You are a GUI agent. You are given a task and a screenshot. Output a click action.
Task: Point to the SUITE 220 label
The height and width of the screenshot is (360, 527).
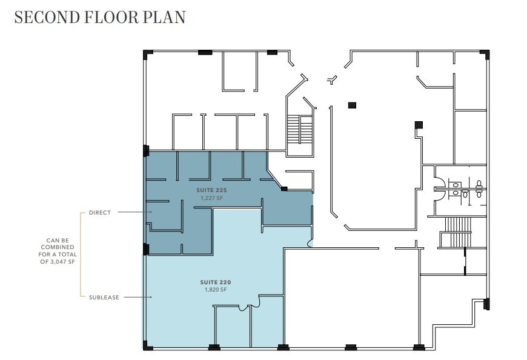(216, 282)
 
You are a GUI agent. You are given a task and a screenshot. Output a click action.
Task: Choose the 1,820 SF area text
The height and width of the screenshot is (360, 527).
(216, 290)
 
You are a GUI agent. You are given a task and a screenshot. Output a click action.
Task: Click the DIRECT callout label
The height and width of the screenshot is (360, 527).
(100, 213)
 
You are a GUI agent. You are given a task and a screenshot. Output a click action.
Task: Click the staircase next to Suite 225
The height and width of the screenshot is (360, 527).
(299, 129)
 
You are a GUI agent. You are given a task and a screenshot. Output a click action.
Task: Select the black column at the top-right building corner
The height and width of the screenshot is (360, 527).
(486, 55)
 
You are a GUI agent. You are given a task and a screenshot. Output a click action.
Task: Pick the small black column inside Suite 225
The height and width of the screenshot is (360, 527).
(284, 189)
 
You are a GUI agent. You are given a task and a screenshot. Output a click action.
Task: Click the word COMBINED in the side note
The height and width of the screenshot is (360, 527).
(60, 247)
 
